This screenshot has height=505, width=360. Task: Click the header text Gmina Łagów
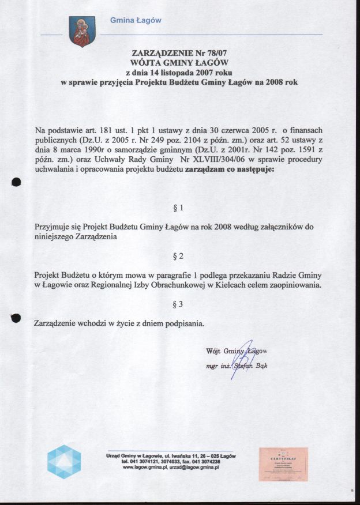click(x=136, y=21)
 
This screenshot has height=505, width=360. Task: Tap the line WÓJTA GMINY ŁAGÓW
click(x=181, y=62)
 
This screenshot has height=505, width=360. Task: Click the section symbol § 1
click(x=178, y=206)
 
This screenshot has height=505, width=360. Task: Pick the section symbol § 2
click(x=178, y=254)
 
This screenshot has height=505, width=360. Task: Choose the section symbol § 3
click(x=178, y=303)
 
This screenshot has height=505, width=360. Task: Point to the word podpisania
click(x=185, y=323)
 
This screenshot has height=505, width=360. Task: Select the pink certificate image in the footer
click(x=283, y=463)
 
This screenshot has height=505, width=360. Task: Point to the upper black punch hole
click(x=16, y=182)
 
